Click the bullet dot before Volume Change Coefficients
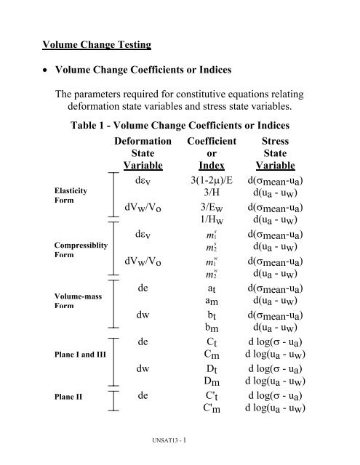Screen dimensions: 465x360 point(44,74)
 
